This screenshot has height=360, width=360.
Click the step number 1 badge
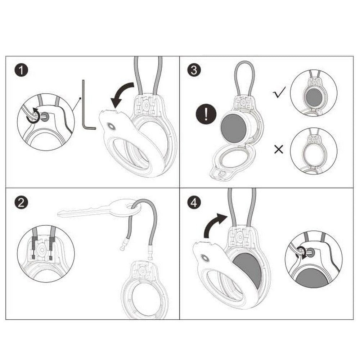[x=21, y=70]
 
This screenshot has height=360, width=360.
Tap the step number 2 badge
[x=21, y=202]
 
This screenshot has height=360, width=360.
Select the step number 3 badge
[x=194, y=70]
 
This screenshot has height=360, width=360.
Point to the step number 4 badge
[x=194, y=202]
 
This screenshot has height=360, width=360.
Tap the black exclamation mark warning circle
[x=206, y=114]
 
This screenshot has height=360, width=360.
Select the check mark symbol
[x=279, y=92]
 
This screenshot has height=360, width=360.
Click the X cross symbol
[x=279, y=149]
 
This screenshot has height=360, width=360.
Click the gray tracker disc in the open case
[x=234, y=128]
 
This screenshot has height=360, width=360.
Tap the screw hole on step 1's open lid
[x=111, y=126]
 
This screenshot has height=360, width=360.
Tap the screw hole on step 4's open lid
[x=204, y=258]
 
